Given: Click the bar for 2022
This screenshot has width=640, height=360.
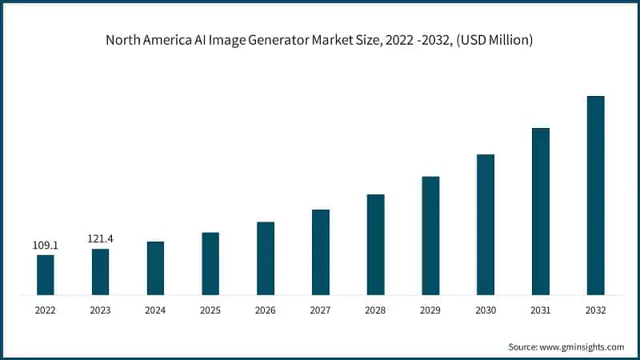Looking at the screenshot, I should tap(46, 274).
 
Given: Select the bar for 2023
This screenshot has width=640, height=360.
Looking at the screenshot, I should tap(100, 271).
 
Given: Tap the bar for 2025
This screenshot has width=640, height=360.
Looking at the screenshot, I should tap(210, 263).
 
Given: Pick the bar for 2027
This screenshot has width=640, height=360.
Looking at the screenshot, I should tap(321, 252).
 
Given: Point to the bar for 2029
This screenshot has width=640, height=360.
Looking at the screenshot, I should tap(430, 235).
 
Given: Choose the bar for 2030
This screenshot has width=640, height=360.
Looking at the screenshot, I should tap(486, 224).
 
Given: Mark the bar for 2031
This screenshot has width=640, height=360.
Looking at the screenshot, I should tap(541, 211).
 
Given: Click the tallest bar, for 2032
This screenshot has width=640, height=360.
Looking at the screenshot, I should tap(596, 195).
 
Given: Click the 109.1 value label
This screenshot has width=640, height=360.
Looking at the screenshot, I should tap(46, 245).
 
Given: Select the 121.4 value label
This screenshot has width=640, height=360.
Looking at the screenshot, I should tap(100, 238).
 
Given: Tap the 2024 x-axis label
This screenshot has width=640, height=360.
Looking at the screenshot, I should tap(155, 310).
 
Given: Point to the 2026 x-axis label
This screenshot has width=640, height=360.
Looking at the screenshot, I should tap(266, 310).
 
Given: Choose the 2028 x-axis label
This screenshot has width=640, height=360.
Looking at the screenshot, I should tap(375, 310).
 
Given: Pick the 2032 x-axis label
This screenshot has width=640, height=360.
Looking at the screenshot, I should tap(596, 310).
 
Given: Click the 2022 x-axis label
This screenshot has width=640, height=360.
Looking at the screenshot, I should tap(46, 310).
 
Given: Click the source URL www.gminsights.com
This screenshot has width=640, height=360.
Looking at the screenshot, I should tap(583, 346).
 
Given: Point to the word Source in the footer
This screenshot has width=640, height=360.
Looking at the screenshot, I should tap(523, 346).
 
